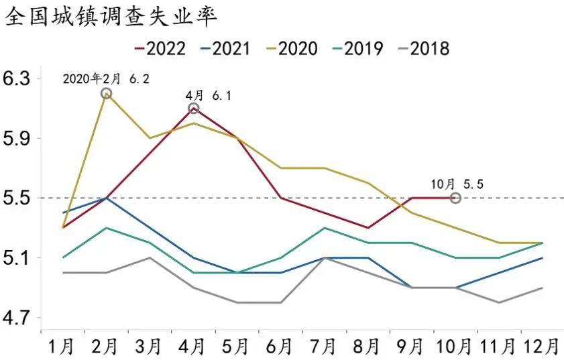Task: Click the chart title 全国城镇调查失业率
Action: coord(111,17)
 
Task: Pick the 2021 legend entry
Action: coord(225,48)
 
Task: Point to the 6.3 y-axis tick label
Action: coord(17,79)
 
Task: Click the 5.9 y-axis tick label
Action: coord(17,139)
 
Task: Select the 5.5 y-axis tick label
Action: coord(17,198)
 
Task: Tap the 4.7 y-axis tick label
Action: coord(17,318)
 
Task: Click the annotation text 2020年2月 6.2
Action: coord(106,78)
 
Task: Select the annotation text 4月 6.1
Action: coord(209,96)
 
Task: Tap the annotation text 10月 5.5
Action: coord(455,182)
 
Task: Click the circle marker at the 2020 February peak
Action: coord(106,93)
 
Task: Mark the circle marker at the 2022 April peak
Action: coord(194,109)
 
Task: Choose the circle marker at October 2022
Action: coord(455,198)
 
